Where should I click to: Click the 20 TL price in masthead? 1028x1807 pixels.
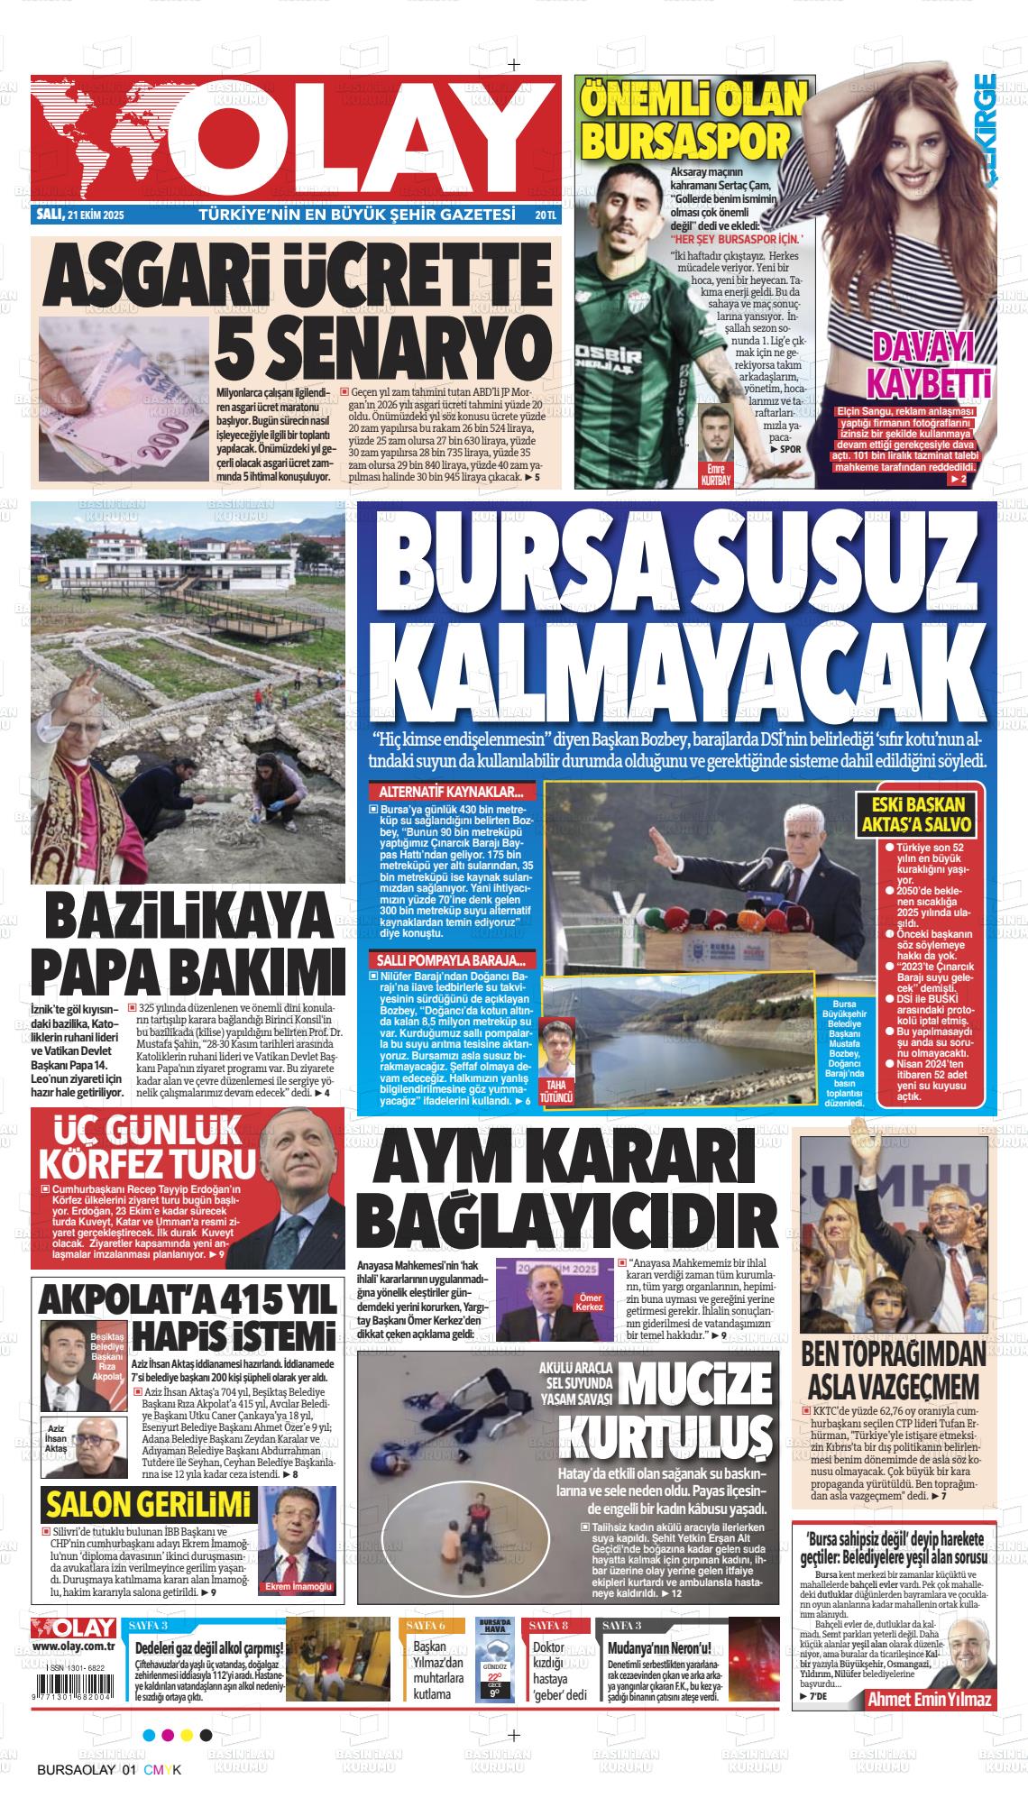pos(545,216)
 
